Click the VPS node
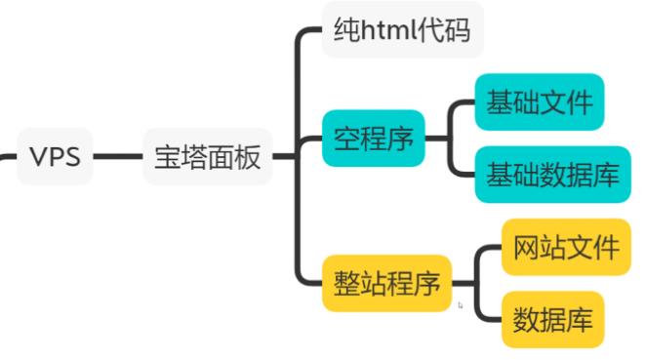56,157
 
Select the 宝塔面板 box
207,157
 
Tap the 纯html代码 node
402,30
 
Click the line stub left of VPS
7,157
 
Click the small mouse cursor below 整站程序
460,305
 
